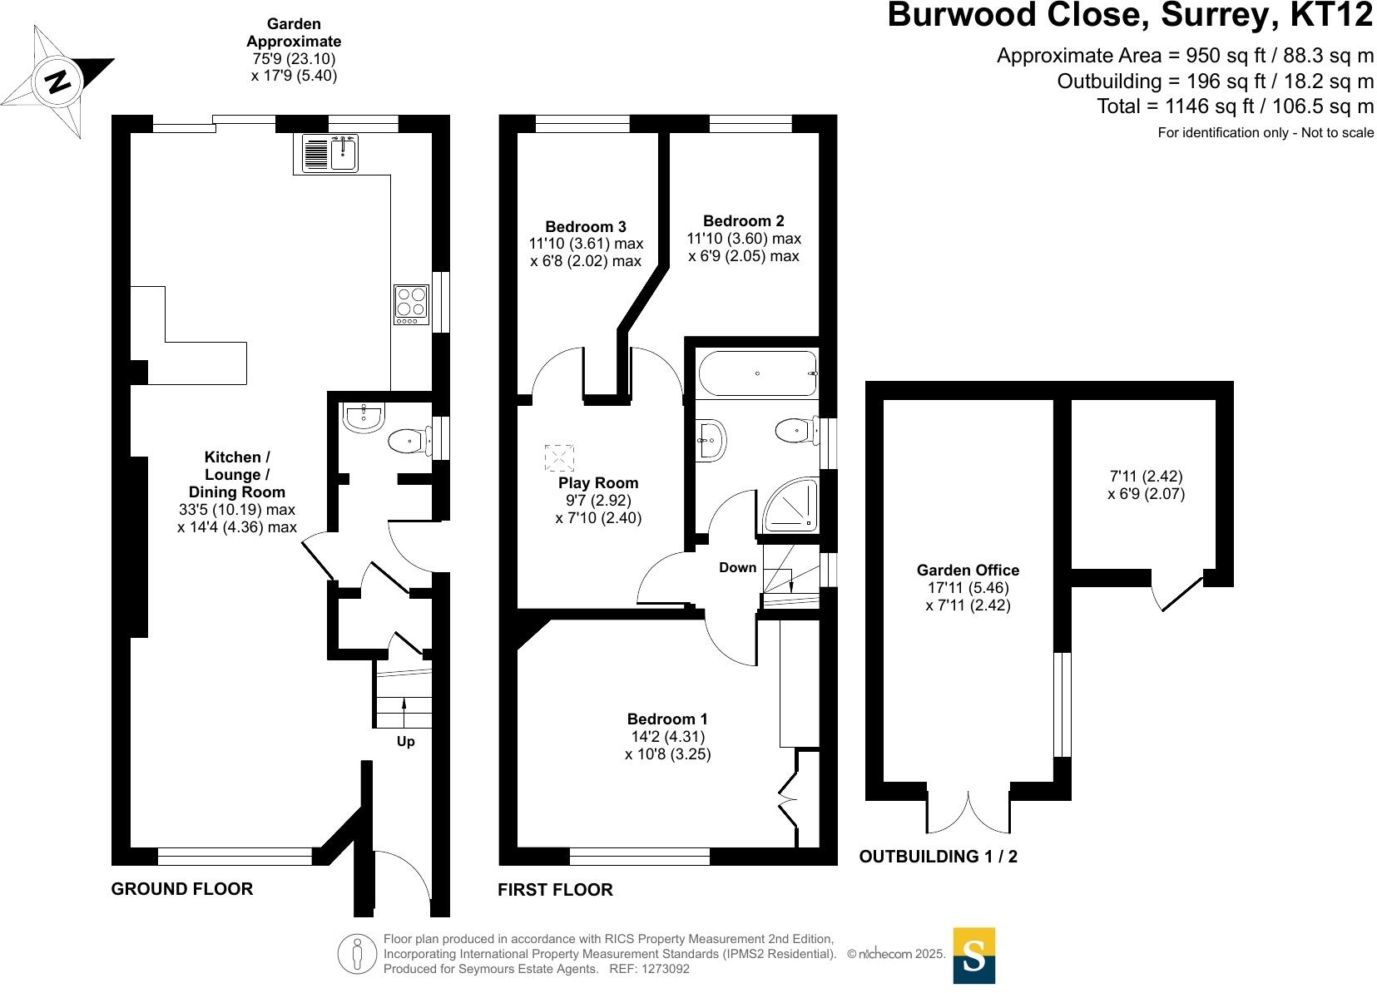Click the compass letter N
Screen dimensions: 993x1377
[x=57, y=82]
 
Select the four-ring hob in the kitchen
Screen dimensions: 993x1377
[x=411, y=304]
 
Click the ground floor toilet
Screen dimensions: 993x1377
[x=407, y=441]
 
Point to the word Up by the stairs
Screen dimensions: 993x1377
[x=405, y=741]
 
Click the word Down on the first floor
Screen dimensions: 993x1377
[x=737, y=567]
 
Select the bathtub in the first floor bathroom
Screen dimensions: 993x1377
[x=757, y=373]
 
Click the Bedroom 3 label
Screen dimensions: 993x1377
[x=585, y=226]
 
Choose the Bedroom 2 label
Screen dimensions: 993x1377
[x=743, y=220]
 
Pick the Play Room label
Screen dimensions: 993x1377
[x=598, y=482]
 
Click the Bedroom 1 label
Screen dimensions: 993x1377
[x=667, y=719]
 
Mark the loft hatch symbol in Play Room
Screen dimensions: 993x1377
[x=559, y=458]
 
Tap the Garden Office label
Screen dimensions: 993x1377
[x=968, y=570]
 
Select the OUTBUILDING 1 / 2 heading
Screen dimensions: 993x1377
[x=938, y=856]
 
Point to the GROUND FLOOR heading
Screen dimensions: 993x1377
[x=181, y=888]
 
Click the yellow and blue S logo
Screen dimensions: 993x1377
[x=973, y=956]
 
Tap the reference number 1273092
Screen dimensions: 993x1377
[x=661, y=969]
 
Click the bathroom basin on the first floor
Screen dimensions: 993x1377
[x=712, y=439]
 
